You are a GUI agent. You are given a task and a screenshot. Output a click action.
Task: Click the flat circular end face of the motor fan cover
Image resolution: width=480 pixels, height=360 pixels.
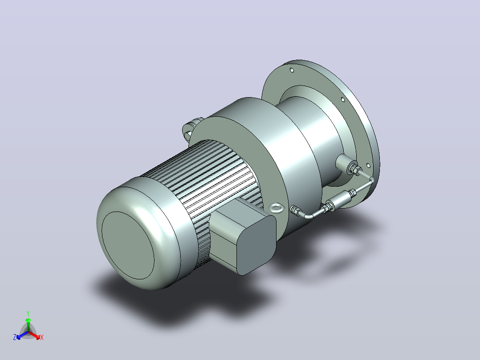click(x=128, y=245)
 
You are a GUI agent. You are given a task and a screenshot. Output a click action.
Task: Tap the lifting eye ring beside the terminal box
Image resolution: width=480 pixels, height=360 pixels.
click(x=277, y=208)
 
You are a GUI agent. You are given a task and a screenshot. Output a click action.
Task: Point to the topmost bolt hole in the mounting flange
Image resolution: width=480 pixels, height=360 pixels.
click(x=292, y=70)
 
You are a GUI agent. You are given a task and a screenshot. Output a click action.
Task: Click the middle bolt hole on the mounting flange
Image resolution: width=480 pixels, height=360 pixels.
click(x=343, y=99)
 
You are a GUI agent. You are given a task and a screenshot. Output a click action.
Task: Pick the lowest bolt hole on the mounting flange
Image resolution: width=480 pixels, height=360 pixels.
click(x=368, y=166)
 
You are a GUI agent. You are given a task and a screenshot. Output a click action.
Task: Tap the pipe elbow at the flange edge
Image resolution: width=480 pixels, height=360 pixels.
click(x=371, y=180)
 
